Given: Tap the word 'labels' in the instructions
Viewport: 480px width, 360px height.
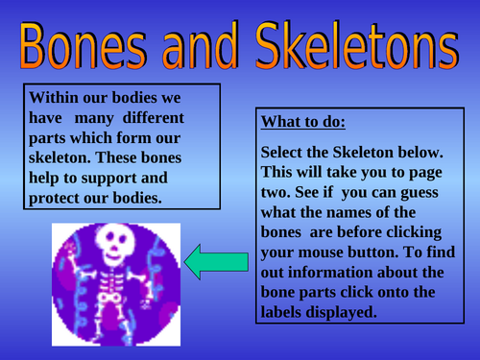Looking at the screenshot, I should click(x=285, y=312).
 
